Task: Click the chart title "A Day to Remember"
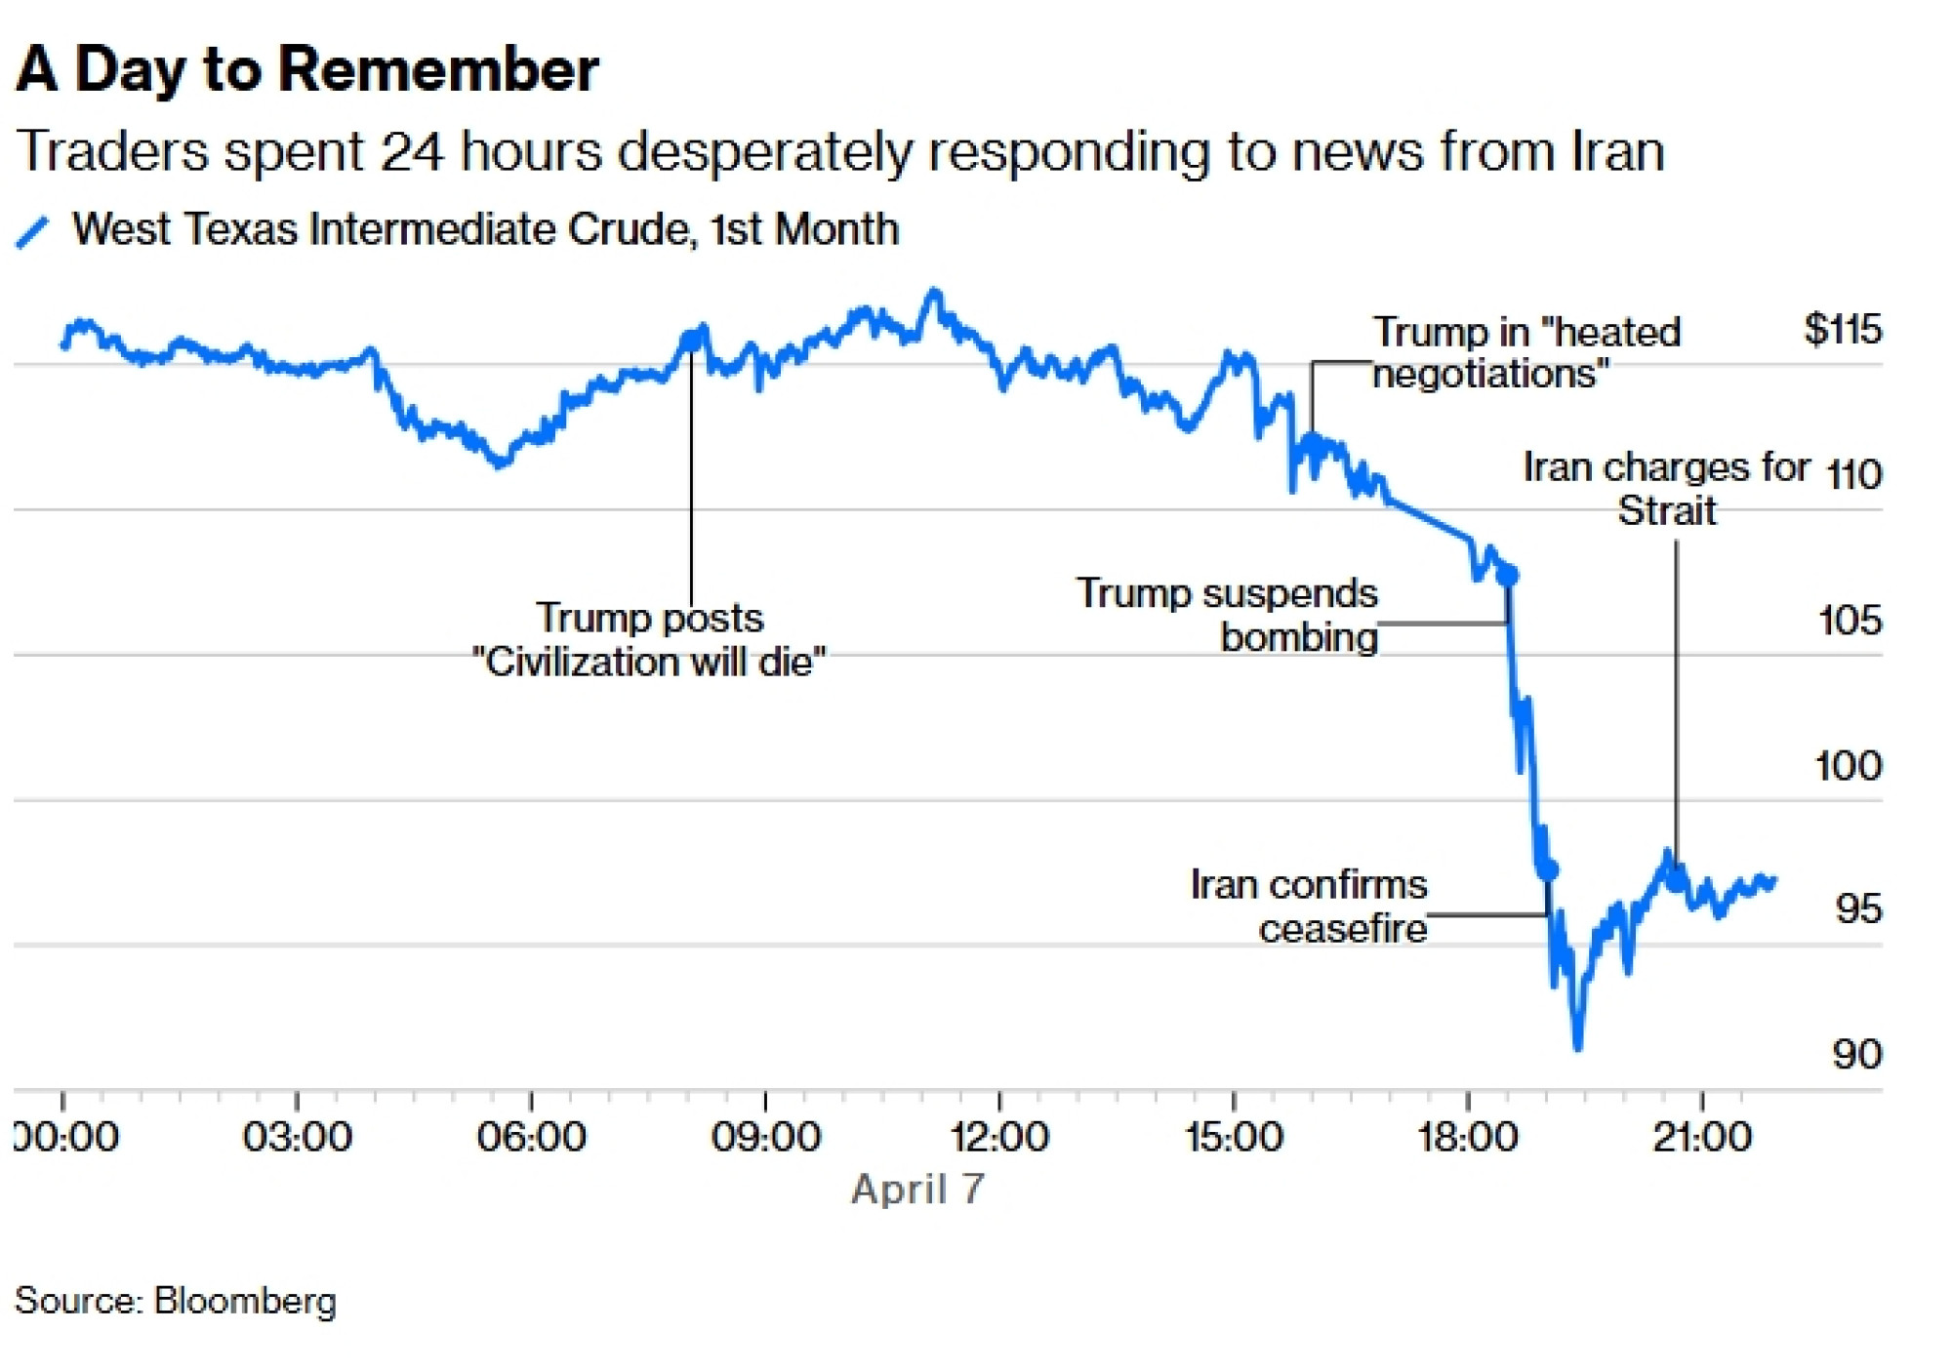(306, 69)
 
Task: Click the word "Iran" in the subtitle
(1617, 152)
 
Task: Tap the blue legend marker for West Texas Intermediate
(32, 232)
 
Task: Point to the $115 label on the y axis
(1842, 330)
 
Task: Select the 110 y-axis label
(1853, 475)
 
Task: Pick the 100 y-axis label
(1848, 766)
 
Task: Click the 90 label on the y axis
(1856, 1055)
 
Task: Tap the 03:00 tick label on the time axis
(297, 1138)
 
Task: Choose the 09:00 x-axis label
(765, 1138)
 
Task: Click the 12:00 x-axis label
(999, 1138)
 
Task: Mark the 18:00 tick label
(1467, 1138)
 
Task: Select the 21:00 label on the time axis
(1701, 1138)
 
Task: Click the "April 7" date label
(917, 1190)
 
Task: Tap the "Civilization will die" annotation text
(649, 663)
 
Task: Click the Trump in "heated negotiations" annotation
(1525, 352)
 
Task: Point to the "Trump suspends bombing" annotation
(1227, 615)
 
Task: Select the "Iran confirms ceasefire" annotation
(1309, 907)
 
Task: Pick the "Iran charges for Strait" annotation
(1667, 489)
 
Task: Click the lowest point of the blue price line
(1578, 1048)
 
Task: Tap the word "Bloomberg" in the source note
(245, 1302)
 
